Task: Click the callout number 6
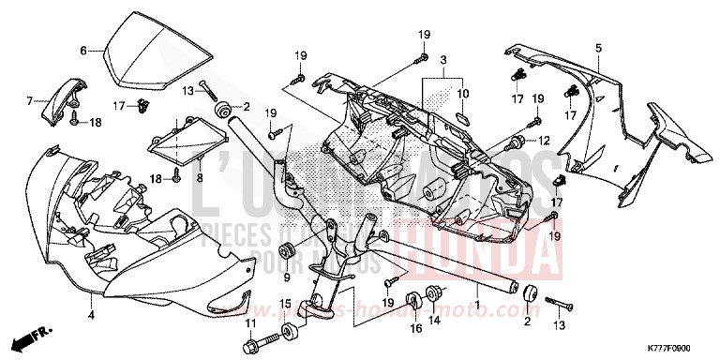(83, 50)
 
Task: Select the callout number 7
(29, 99)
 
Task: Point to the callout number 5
(598, 46)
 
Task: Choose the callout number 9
(286, 277)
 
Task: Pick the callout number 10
(461, 95)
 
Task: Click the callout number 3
(442, 59)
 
